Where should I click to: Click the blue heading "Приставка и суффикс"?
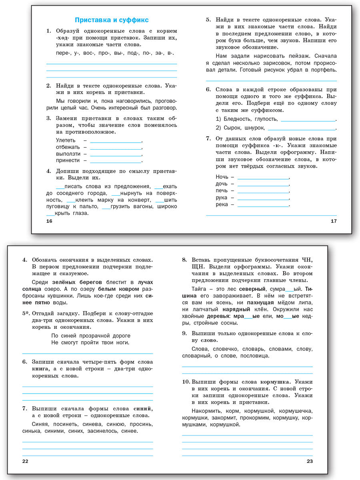112,20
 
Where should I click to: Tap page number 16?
49,221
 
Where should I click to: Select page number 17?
334,221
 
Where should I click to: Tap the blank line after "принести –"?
116,161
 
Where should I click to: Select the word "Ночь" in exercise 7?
222,177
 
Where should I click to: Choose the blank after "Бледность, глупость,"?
308,119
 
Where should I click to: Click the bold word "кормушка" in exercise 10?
272,382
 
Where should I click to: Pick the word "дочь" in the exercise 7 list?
222,184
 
